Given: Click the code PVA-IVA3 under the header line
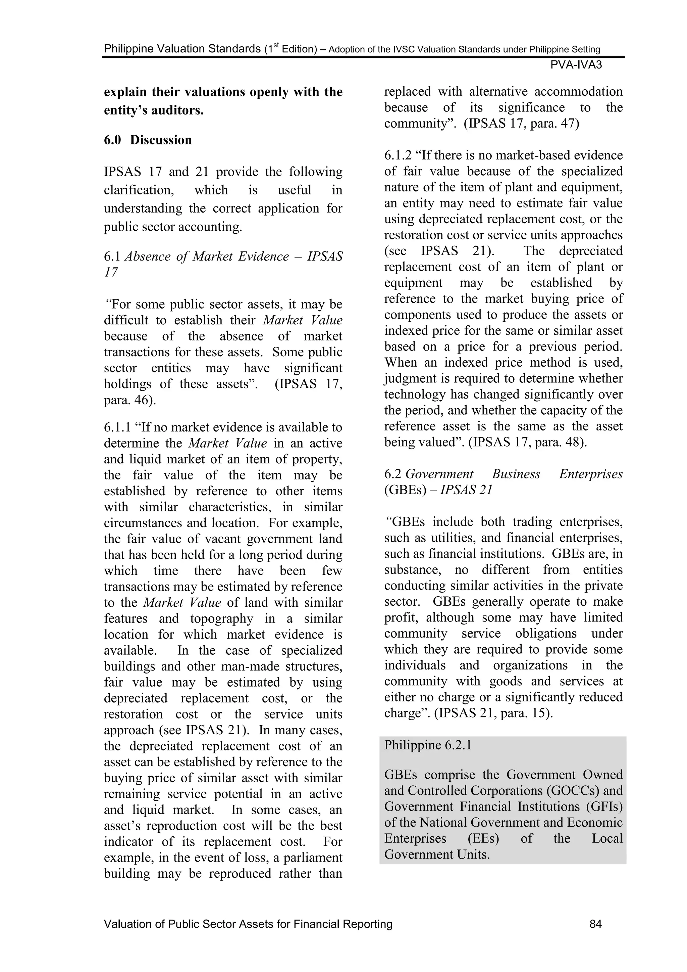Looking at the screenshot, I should coord(576,65).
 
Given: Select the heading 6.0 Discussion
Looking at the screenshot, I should coord(148,140).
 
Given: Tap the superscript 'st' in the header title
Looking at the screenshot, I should coord(276,45).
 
